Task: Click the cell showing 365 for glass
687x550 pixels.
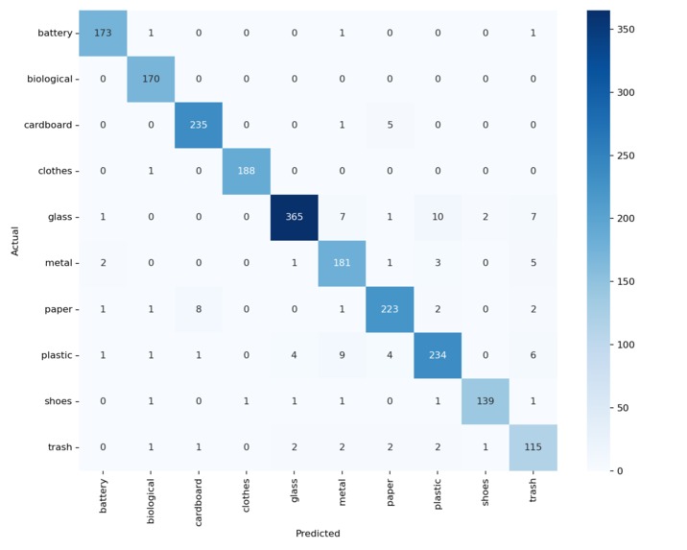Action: pyautogui.click(x=294, y=217)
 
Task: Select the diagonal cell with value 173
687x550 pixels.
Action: pyautogui.click(x=103, y=34)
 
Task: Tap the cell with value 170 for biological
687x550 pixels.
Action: pyautogui.click(x=151, y=79)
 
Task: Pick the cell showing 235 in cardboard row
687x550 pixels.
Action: pyautogui.click(x=199, y=125)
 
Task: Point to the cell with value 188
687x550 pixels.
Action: pyautogui.click(x=247, y=171)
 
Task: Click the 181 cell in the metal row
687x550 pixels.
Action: pyautogui.click(x=342, y=263)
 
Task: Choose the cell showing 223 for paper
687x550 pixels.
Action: pyautogui.click(x=390, y=309)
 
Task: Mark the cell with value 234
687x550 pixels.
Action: pyautogui.click(x=438, y=355)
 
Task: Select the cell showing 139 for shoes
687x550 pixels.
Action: pyautogui.click(x=486, y=401)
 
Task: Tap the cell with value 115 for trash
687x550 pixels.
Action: pyautogui.click(x=533, y=447)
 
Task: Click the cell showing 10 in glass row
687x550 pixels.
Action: pyautogui.click(x=438, y=217)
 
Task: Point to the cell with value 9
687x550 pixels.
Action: pyautogui.click(x=342, y=355)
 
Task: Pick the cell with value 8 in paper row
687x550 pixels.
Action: pyautogui.click(x=199, y=309)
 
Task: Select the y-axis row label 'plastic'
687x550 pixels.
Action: pyautogui.click(x=55, y=355)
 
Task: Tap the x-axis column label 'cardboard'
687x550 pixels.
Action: pyautogui.click(x=199, y=499)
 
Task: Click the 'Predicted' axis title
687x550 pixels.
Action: pyautogui.click(x=318, y=534)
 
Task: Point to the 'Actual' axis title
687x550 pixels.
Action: pyautogui.click(x=14, y=240)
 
